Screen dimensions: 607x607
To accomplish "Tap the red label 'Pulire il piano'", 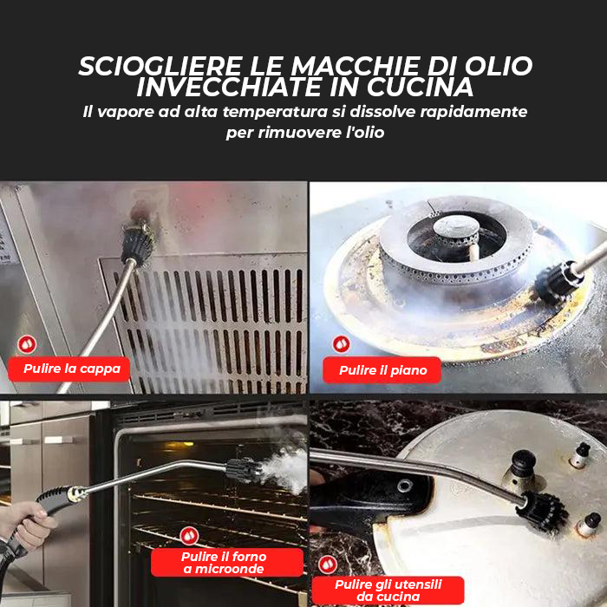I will click(x=382, y=370).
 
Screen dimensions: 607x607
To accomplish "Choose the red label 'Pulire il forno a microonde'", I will click(x=225, y=562).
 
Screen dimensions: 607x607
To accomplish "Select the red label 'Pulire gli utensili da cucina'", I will click(x=388, y=590).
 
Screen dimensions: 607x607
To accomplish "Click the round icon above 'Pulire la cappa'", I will click(x=27, y=344).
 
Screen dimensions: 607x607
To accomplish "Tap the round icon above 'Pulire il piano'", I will click(x=341, y=344).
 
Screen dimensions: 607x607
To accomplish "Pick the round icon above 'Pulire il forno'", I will click(x=188, y=535).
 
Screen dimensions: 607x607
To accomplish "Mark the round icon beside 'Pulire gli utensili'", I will click(x=327, y=565).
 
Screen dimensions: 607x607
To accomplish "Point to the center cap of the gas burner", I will click(x=455, y=227).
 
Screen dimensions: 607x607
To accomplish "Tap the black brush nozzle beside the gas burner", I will click(x=552, y=282).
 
